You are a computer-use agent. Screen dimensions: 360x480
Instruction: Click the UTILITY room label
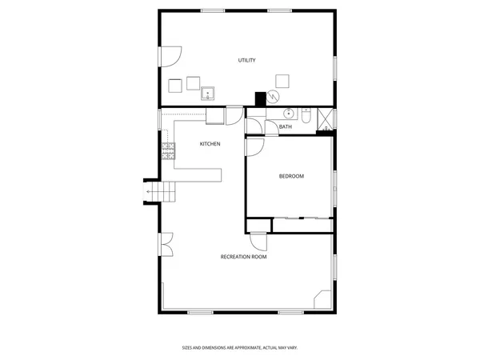[x=246, y=61]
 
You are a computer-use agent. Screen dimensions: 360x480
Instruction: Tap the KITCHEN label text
[x=210, y=144]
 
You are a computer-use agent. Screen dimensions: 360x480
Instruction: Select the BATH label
[x=286, y=126]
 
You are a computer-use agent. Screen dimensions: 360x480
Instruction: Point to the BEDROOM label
[x=291, y=176]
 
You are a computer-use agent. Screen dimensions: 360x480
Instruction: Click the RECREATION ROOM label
[x=243, y=257]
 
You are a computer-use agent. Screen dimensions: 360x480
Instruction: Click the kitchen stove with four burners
[x=168, y=150]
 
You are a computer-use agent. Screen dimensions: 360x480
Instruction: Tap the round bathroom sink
[x=292, y=112]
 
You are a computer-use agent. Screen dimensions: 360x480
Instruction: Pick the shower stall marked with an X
[x=326, y=119]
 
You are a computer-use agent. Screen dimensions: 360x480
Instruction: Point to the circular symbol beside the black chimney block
[x=274, y=97]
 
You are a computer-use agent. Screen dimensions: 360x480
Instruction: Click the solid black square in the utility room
[x=259, y=99]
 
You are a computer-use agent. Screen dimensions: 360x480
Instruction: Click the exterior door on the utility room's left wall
[x=170, y=56]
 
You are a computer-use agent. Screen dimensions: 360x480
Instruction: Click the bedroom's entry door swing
[x=254, y=146]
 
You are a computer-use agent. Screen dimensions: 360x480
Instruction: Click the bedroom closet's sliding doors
[x=301, y=218]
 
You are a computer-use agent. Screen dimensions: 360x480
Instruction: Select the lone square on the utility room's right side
[x=282, y=79]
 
